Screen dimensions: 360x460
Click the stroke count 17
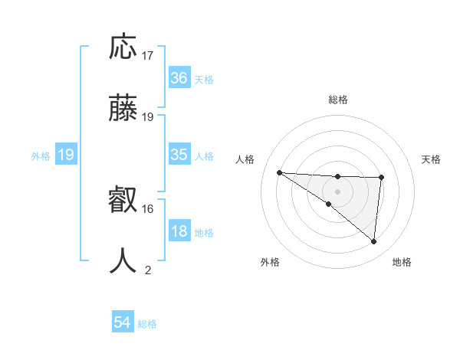pos(148,56)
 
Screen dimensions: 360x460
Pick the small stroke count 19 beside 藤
pos(148,117)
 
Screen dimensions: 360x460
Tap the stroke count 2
pos(148,270)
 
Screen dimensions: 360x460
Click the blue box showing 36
pos(179,78)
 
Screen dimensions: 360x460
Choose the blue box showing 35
pos(179,155)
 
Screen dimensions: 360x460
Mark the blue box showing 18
pos(179,231)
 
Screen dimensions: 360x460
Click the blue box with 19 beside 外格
pos(66,155)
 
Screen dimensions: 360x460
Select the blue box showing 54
pos(123,323)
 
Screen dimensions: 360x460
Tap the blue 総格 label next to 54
pos(147,324)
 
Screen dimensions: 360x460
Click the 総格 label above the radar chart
pos(338,100)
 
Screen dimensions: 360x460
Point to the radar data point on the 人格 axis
pos(279,172)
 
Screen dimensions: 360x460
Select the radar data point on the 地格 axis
pos(374,241)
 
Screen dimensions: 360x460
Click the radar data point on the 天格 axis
pos(381,178)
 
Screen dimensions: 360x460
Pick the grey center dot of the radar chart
pos(337,191)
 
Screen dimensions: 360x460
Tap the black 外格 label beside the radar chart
pos(270,262)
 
